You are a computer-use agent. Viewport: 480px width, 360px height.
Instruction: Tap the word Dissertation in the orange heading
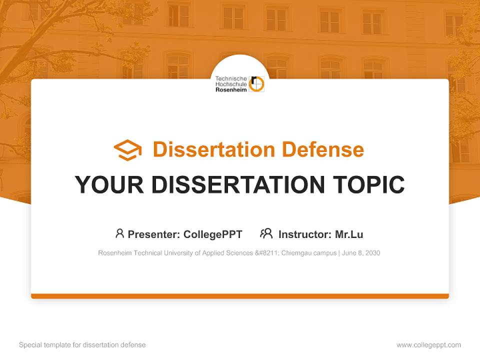tap(214, 149)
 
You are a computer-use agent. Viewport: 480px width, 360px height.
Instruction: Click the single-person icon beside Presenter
tap(119, 233)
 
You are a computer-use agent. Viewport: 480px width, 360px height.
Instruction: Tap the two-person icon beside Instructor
tap(266, 233)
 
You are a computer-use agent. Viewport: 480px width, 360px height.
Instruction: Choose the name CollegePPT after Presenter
tap(213, 234)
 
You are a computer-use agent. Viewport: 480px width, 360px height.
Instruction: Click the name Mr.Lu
tap(349, 234)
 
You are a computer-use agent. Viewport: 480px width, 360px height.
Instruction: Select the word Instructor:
tap(304, 234)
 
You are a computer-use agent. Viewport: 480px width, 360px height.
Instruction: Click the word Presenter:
tap(154, 234)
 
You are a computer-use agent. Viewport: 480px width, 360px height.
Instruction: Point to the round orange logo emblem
tap(256, 84)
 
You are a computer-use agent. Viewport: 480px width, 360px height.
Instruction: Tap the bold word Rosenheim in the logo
tap(231, 90)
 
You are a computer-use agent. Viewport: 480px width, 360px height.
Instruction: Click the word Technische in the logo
tap(231, 78)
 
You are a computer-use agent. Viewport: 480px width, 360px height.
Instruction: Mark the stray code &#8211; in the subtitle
tap(267, 253)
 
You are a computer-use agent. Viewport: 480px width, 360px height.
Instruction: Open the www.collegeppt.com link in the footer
tap(428, 345)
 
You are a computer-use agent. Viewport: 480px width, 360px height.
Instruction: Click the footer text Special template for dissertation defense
tap(82, 345)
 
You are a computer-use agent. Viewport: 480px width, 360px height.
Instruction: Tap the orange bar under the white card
tap(240, 296)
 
